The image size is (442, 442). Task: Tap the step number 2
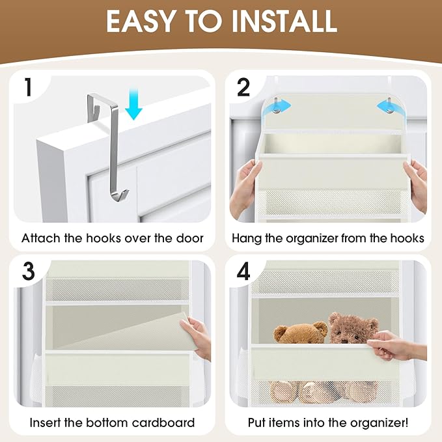pyautogui.click(x=243, y=88)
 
